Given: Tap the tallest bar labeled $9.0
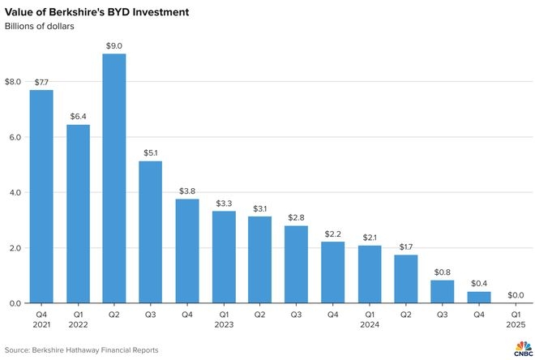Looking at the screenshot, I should [x=114, y=178].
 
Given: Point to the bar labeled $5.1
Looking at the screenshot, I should [x=151, y=232].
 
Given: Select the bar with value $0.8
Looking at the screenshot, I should [x=442, y=292].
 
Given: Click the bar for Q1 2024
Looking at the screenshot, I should [x=369, y=274].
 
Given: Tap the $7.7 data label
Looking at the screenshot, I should [x=41, y=83].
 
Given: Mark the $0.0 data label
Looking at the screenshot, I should [x=515, y=296].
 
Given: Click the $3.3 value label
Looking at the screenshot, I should [x=224, y=204].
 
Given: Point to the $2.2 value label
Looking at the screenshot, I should [x=333, y=234].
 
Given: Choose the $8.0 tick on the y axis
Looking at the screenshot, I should [x=13, y=82].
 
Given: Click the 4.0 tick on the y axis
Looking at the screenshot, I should [x=15, y=193].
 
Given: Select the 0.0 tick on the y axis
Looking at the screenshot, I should [x=15, y=303].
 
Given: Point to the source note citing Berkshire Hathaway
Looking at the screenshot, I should [x=81, y=350].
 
